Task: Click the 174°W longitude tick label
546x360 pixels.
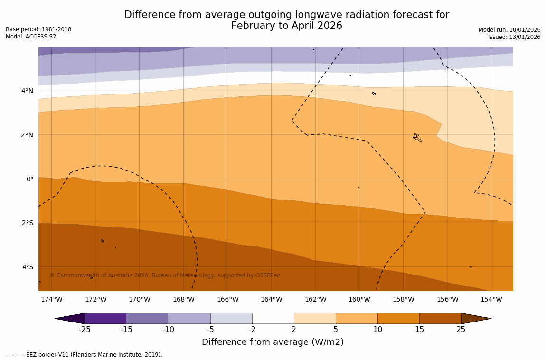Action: (x=51, y=299)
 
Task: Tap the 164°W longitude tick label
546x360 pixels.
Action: (x=271, y=299)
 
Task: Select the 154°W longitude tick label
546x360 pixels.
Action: (x=491, y=299)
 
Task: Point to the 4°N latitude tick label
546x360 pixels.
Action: (x=28, y=91)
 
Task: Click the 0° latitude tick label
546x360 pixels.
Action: (x=30, y=179)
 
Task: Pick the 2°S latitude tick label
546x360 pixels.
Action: (x=28, y=223)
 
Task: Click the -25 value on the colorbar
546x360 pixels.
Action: (x=85, y=330)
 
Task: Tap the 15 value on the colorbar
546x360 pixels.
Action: (x=419, y=330)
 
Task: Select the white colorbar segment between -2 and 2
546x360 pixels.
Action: (x=273, y=318)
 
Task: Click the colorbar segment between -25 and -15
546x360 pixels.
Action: (x=105, y=318)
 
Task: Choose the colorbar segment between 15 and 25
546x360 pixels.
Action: (x=440, y=318)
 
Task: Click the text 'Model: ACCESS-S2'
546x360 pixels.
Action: (x=31, y=37)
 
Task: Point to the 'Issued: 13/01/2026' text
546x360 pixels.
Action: (x=514, y=37)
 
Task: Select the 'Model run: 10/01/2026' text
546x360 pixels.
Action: (x=509, y=30)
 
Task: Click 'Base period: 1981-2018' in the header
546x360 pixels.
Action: (x=38, y=29)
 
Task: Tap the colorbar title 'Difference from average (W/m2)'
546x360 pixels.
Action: (x=273, y=342)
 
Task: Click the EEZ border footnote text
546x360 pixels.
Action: (x=84, y=355)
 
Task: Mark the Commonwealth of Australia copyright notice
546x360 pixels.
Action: (x=165, y=275)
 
